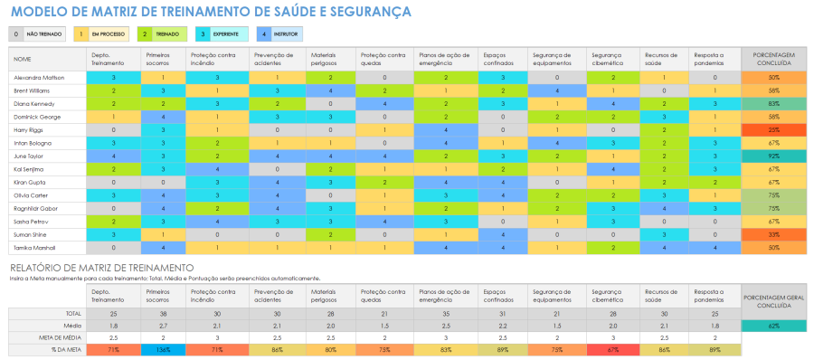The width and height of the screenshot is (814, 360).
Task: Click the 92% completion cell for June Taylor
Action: [773, 156]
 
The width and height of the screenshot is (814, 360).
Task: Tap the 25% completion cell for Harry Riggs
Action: [773, 130]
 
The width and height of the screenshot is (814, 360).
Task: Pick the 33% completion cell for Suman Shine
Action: [773, 233]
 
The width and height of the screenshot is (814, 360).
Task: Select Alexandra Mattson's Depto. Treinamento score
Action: [113, 78]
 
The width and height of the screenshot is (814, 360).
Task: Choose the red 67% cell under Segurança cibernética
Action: [612, 349]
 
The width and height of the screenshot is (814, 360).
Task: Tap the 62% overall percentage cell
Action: [773, 324]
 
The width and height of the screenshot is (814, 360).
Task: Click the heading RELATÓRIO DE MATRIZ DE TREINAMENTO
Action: [101, 268]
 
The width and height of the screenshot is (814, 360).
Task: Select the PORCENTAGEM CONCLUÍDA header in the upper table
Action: [773, 59]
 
